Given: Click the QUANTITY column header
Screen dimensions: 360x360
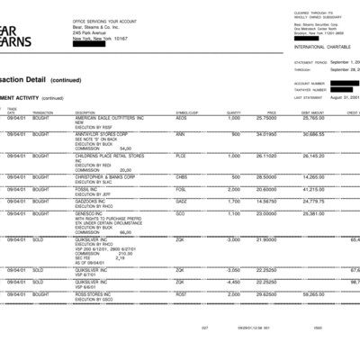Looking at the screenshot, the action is point(234,112).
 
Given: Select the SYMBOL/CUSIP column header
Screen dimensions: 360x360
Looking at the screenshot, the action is point(185,112).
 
